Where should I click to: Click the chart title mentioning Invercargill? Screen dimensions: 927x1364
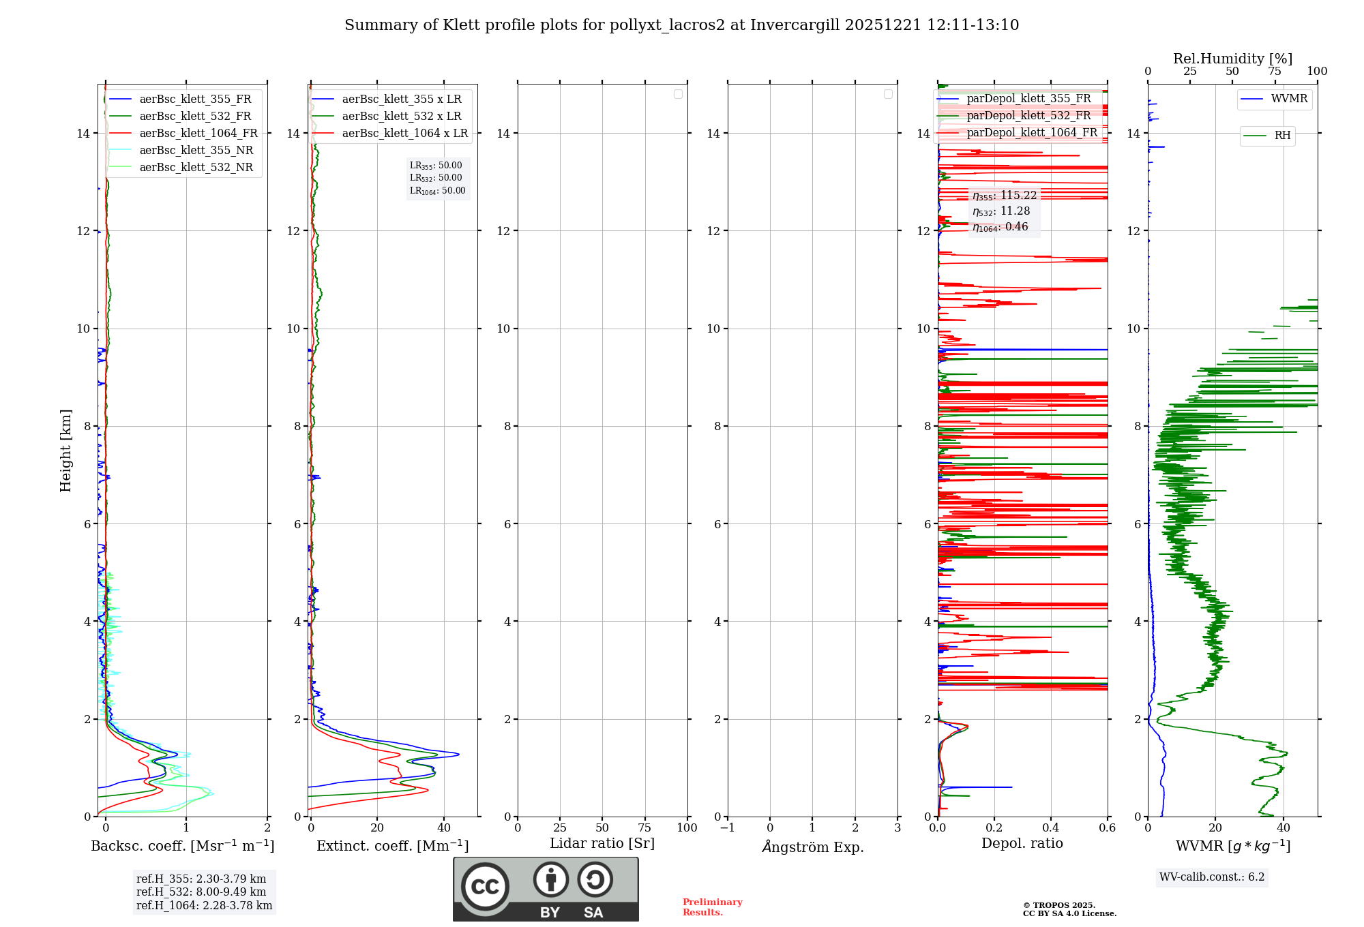681,25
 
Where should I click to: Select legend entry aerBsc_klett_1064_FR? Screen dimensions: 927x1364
198,134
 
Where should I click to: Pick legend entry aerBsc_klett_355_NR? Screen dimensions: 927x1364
196,151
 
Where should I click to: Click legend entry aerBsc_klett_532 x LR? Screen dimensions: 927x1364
401,117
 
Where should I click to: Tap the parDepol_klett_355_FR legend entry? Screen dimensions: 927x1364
1028,99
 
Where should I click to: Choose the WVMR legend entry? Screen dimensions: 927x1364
1289,99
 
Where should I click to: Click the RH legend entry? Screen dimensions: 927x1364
1282,136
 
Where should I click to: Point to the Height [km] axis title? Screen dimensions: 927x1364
65,451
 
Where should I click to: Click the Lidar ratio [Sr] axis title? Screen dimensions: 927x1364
602,844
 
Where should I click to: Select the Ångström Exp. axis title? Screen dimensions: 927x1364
812,847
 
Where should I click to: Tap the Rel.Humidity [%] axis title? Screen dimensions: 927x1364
1232,59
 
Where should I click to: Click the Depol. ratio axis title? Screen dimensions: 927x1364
1022,844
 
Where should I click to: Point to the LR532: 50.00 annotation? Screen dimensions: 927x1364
436,178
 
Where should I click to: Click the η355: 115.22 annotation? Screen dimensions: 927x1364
1005,196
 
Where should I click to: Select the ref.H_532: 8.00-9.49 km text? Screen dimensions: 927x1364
201,892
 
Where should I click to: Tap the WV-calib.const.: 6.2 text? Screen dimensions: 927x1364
1212,877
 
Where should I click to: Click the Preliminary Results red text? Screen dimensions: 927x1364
712,907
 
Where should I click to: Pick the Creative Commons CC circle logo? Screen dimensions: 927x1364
485,887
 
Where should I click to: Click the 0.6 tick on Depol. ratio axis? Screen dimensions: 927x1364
1107,828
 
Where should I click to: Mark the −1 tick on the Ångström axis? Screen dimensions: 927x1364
728,828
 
